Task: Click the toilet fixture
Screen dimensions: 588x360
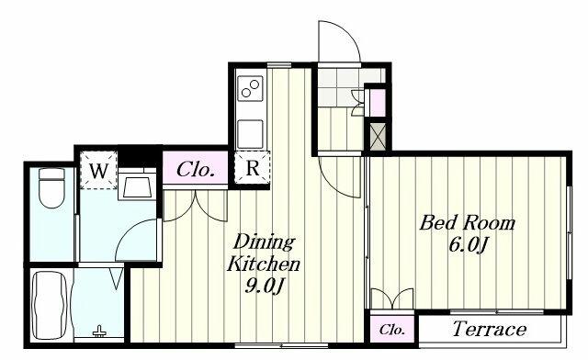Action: [x=51, y=188]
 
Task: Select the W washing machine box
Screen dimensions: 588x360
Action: [x=98, y=170]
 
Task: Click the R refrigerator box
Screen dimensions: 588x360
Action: [x=252, y=168]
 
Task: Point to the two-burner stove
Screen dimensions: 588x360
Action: [x=250, y=88]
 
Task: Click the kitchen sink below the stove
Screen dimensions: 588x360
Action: [x=250, y=133]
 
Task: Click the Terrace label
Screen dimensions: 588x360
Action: [x=490, y=329]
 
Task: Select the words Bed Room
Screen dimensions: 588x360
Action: [x=468, y=222]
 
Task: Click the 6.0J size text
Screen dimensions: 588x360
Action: [x=468, y=245]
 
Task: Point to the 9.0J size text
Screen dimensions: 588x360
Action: [x=264, y=287]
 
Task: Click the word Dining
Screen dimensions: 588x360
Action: [x=264, y=242]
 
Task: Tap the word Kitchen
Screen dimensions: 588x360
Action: [x=264, y=264]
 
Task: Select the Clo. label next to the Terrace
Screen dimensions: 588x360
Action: [x=392, y=330]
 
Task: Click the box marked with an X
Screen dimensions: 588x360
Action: [x=378, y=136]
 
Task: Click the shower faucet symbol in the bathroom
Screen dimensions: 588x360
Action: [x=99, y=332]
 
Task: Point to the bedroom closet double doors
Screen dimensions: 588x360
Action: [x=392, y=298]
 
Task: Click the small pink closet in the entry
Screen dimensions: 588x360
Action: [x=378, y=102]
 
